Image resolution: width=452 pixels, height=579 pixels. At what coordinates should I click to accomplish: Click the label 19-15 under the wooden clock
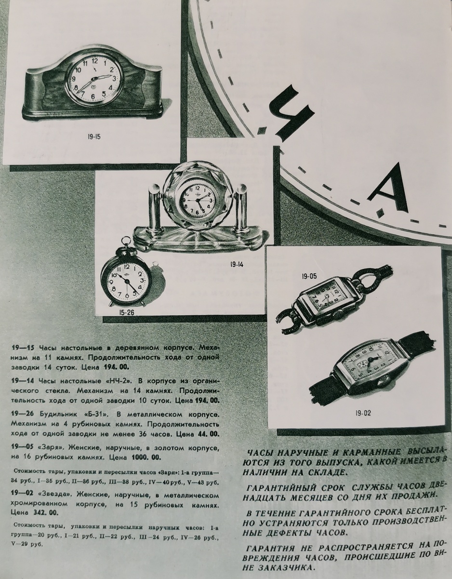94,137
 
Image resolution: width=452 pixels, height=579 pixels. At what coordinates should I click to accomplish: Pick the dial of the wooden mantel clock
94,79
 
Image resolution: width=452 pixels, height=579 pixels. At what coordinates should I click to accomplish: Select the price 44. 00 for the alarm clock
208,434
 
